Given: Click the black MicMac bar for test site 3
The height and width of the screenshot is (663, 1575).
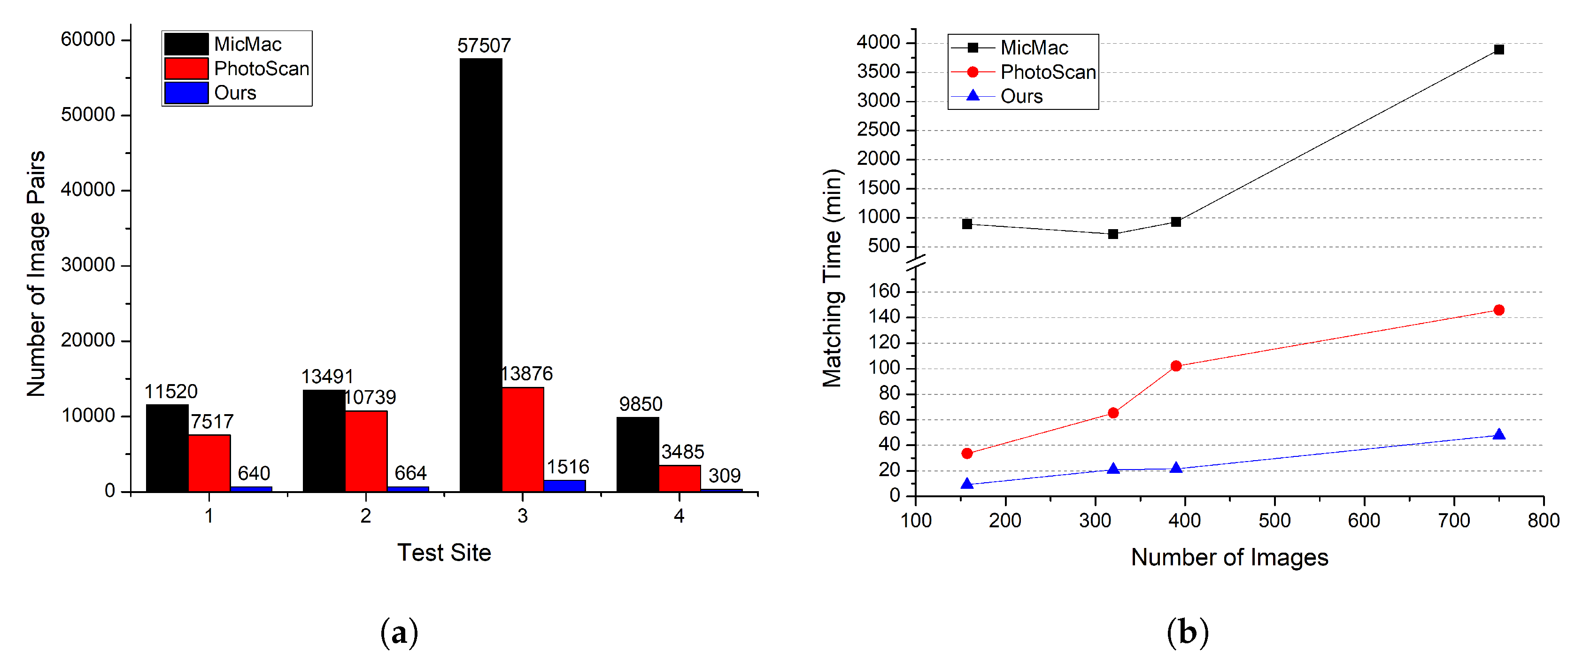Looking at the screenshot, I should pos(480,275).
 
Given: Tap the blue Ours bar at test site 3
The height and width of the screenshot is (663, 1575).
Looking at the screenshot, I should pos(564,486).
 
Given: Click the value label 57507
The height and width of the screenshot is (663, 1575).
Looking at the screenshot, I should pos(484,46).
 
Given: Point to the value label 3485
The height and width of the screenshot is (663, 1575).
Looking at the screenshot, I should pos(682,452).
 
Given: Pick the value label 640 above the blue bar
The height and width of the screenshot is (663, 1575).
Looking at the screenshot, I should pos(254,473).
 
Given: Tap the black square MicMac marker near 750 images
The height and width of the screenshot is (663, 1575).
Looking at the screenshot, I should pos(1498,50).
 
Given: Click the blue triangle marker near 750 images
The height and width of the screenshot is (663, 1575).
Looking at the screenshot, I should pos(1498,435).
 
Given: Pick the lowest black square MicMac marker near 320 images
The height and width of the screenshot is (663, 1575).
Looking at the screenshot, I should pos(1113,234).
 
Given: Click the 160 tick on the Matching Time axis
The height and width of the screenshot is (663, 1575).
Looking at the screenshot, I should pos(884,292).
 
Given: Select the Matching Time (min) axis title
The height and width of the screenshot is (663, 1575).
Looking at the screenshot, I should pos(833,278).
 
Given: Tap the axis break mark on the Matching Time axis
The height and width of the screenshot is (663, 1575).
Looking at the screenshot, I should pos(915,263).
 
